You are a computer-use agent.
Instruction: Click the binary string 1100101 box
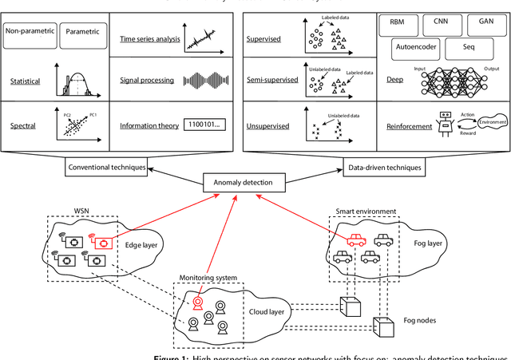[204, 125]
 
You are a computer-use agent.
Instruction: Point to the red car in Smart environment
[355, 239]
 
